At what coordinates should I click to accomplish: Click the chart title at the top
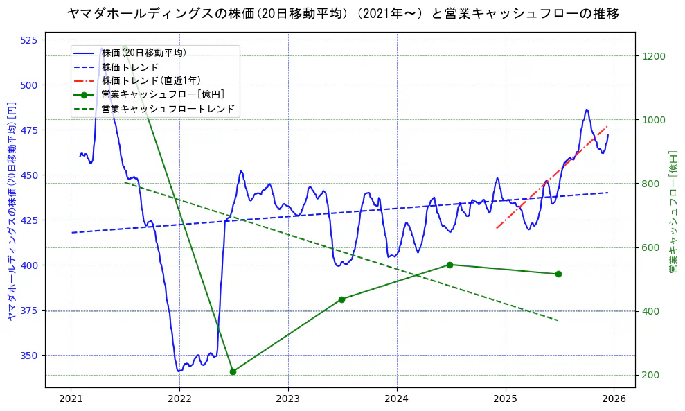click(x=343, y=13)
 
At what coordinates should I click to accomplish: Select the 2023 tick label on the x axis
click(x=287, y=399)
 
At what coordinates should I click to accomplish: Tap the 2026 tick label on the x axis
click(x=614, y=399)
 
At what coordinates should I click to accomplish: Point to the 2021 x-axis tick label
click(x=71, y=399)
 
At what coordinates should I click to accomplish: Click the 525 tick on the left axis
click(x=29, y=40)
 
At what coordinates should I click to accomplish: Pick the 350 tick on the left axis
click(x=29, y=356)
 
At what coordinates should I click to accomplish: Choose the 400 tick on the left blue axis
click(x=29, y=265)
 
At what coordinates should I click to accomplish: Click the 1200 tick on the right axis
click(x=654, y=56)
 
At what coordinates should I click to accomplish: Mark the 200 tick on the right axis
click(x=651, y=375)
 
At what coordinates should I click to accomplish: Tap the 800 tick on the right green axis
click(x=651, y=184)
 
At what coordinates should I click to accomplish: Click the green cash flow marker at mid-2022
click(x=233, y=371)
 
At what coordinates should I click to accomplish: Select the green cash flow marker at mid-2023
click(x=341, y=299)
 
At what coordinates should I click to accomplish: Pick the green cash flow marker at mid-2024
click(x=450, y=265)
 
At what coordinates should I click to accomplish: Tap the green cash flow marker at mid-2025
click(x=558, y=274)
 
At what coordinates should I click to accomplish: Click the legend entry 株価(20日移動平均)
click(x=143, y=53)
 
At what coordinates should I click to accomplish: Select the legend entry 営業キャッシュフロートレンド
click(x=168, y=109)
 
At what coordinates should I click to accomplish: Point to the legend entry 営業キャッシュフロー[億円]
click(x=162, y=94)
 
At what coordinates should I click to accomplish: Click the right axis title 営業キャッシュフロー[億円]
click(x=673, y=211)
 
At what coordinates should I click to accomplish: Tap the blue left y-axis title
click(x=12, y=211)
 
